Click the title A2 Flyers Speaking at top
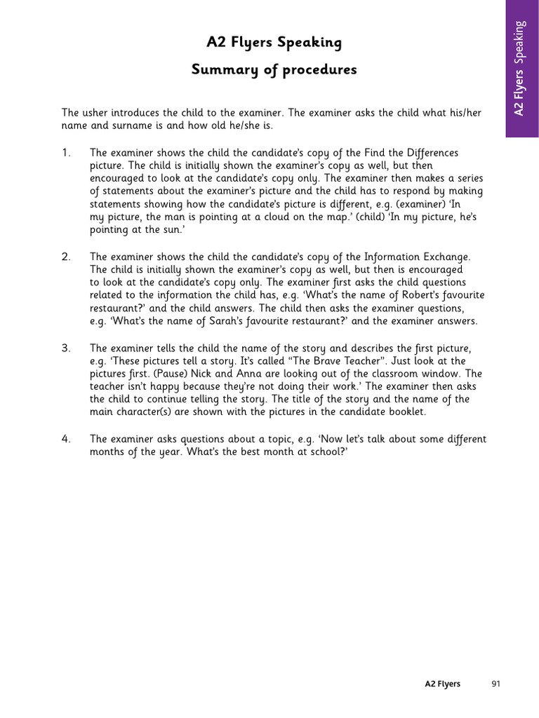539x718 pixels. click(x=274, y=43)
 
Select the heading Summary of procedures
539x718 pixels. click(x=274, y=70)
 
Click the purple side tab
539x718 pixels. click(x=521, y=68)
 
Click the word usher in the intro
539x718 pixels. click(x=98, y=112)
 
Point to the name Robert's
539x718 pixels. click(x=414, y=295)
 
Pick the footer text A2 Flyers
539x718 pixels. click(x=442, y=684)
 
